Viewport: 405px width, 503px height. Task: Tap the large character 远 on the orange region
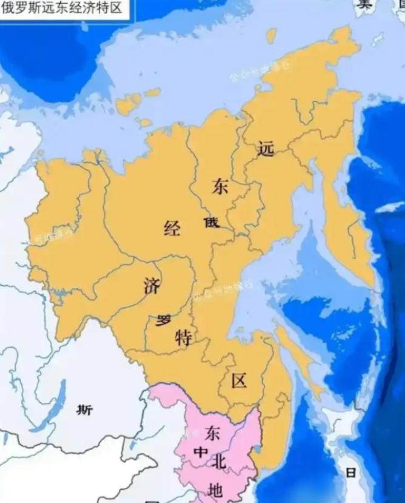click(266, 149)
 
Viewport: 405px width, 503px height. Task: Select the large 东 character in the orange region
click(219, 187)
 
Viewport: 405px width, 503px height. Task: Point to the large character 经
click(172, 229)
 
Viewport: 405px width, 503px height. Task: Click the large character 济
click(152, 285)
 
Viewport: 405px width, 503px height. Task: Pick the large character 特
click(183, 337)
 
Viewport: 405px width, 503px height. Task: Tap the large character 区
click(239, 381)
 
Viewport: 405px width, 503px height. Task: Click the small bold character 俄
click(210, 223)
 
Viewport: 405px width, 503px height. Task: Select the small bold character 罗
click(163, 320)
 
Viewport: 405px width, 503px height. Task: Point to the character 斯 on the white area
click(85, 410)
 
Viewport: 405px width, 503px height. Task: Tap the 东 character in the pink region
click(212, 433)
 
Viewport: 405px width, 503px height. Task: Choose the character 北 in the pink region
click(219, 462)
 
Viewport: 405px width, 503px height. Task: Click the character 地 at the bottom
click(215, 490)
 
